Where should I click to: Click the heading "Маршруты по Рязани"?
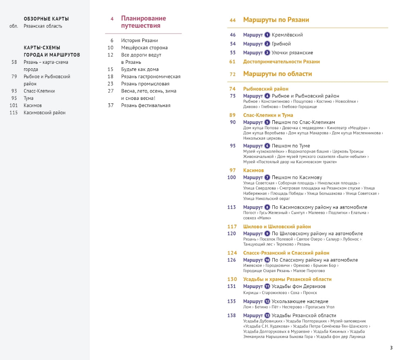[x=276, y=20]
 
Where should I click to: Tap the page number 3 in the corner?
[x=391, y=348]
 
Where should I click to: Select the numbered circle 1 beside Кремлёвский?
[x=267, y=35]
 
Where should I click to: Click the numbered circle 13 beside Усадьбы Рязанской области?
[x=267, y=315]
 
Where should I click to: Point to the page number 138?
[x=232, y=315]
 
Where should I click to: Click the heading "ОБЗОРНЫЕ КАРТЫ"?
[x=46, y=19]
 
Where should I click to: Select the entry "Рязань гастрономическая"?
[x=151, y=76]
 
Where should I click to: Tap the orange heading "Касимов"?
[x=254, y=170]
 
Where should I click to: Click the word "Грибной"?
[x=281, y=44]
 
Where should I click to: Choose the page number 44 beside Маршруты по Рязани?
[x=233, y=20]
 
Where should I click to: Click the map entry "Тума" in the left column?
[x=29, y=98]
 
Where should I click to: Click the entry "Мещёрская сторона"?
[x=144, y=48]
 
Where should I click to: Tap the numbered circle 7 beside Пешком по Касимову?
[x=267, y=178]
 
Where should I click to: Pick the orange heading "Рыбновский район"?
[x=266, y=89]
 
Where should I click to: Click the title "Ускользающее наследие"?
[x=300, y=301]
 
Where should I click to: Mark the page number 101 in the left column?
[x=14, y=106]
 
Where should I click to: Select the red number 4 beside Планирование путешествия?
[x=112, y=19]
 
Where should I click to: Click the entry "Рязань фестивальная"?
[x=146, y=106]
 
